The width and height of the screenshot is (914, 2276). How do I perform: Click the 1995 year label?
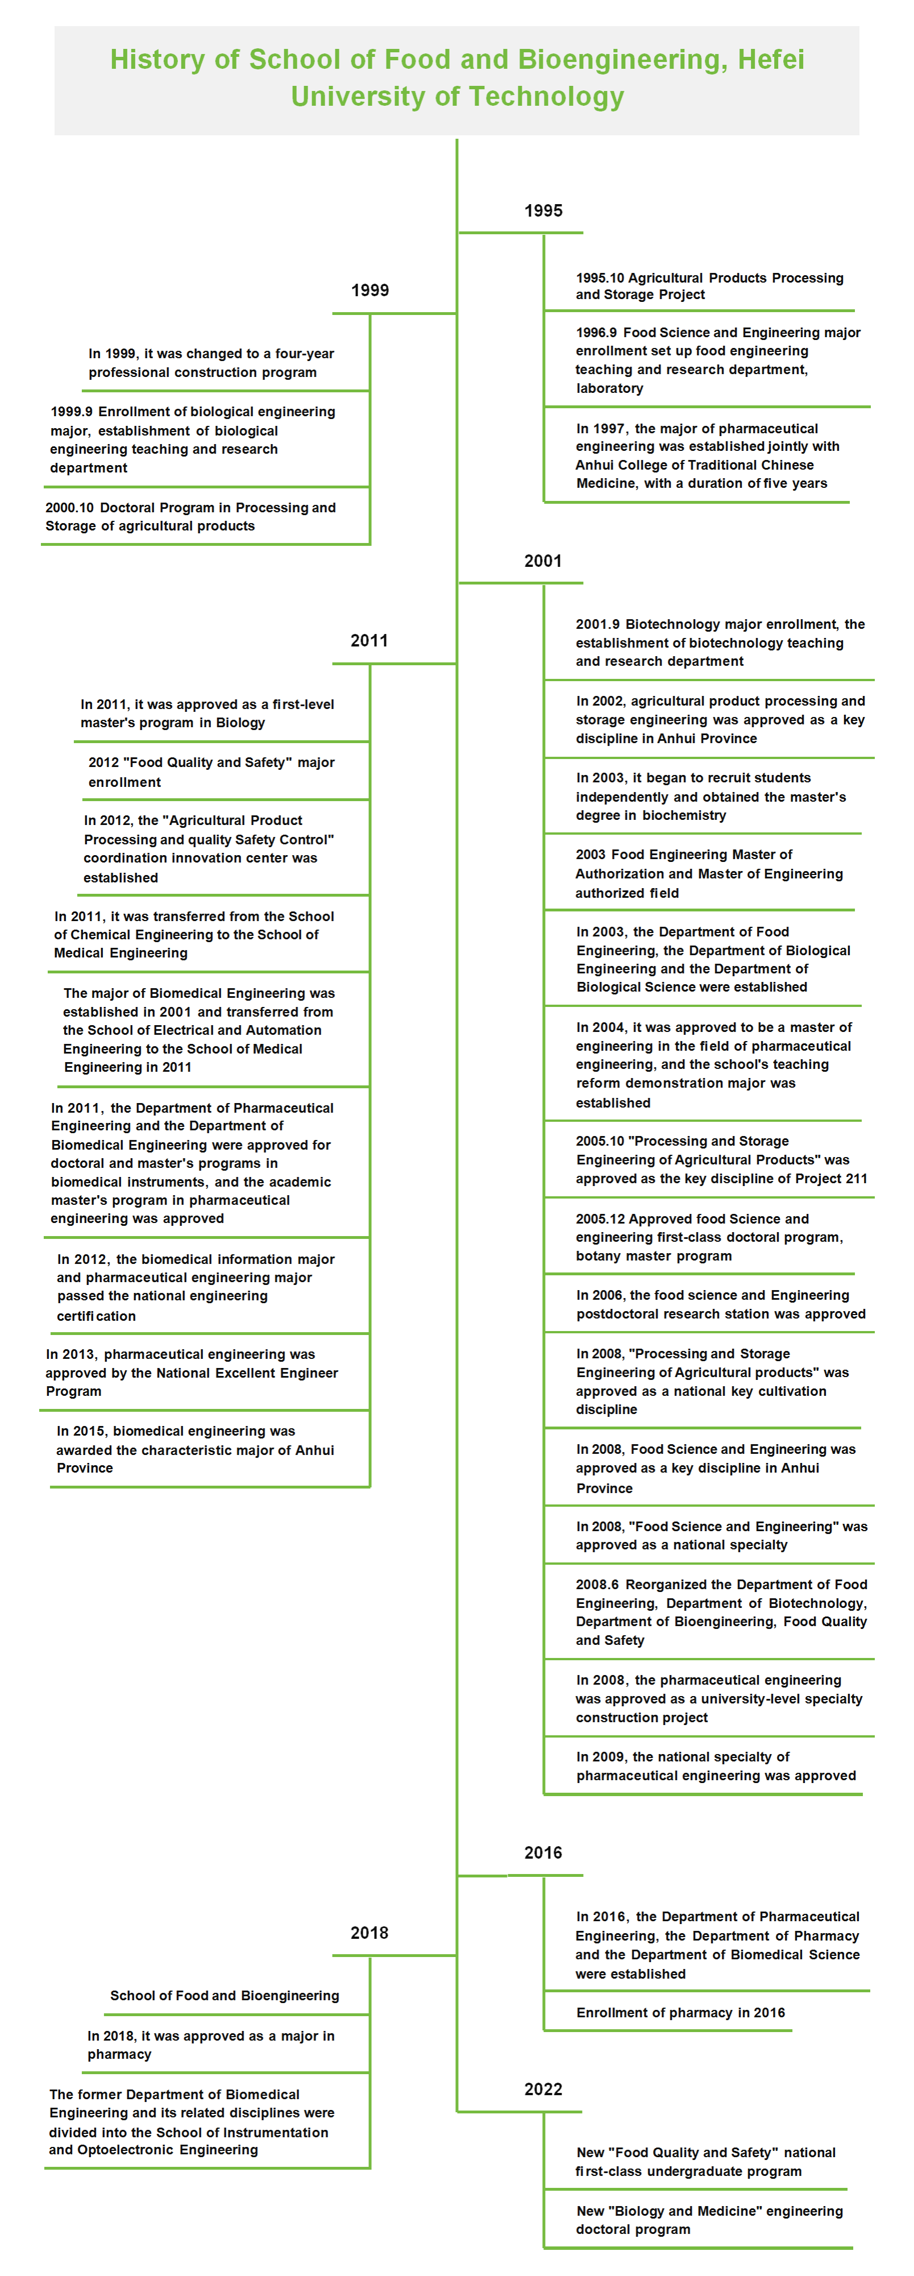(543, 211)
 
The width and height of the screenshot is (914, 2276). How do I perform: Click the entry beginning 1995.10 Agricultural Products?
(709, 286)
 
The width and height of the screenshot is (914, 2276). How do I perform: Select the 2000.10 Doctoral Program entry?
(191, 517)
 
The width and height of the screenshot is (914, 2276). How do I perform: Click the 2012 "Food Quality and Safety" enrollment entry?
(211, 772)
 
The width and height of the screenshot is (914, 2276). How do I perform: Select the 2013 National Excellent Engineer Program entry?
(192, 1372)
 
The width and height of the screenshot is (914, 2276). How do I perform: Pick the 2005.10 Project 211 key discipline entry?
(721, 1160)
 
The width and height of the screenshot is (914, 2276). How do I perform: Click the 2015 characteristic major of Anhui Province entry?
(195, 1449)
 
